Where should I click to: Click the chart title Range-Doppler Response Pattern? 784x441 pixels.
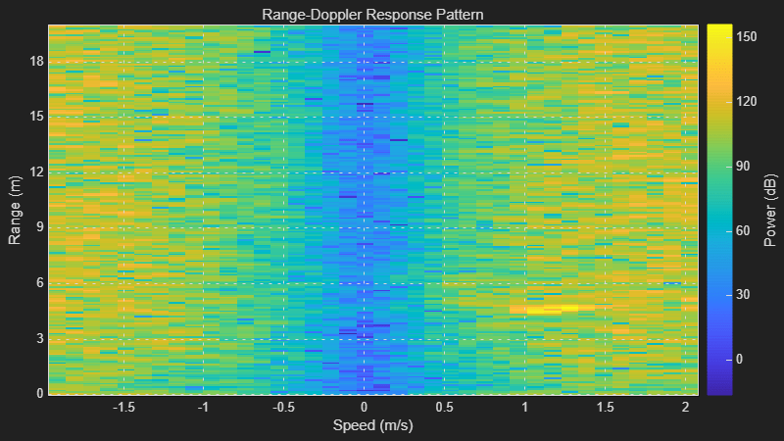click(372, 15)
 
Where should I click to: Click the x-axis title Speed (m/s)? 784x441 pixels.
click(373, 425)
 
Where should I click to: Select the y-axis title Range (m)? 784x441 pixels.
click(15, 210)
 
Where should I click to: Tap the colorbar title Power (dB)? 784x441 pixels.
click(771, 210)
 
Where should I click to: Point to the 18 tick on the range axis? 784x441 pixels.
click(36, 62)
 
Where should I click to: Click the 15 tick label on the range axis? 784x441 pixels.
click(36, 117)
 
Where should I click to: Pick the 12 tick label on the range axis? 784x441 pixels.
click(36, 172)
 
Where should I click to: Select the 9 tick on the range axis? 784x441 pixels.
click(40, 227)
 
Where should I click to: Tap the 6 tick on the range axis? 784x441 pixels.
click(40, 283)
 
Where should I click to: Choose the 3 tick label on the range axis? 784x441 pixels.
click(40, 338)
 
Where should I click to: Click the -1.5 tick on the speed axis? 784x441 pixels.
click(123, 408)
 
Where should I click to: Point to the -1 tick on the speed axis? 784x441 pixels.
click(203, 408)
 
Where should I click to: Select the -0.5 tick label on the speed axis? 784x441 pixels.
click(283, 408)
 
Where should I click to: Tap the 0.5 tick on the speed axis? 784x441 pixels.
click(444, 408)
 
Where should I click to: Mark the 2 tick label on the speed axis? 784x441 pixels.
click(685, 408)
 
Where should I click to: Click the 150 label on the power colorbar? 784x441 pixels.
click(747, 37)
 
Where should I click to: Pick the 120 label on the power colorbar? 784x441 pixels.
click(747, 102)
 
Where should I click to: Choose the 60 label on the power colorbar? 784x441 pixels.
click(743, 230)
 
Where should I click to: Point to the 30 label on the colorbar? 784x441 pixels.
click(743, 295)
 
